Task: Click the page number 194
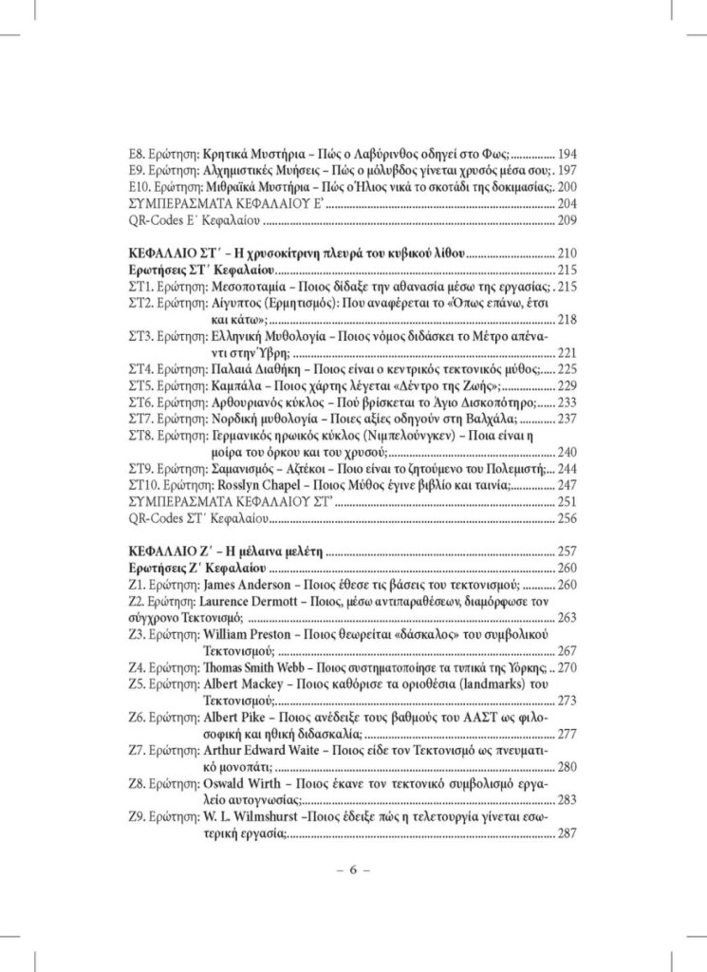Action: tap(567, 154)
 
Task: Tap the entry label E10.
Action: tap(140, 187)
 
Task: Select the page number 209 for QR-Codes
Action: tap(567, 220)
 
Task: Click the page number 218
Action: tap(567, 319)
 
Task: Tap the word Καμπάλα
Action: tap(234, 385)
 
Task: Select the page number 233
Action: tap(567, 402)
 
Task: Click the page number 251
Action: tap(567, 501)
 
